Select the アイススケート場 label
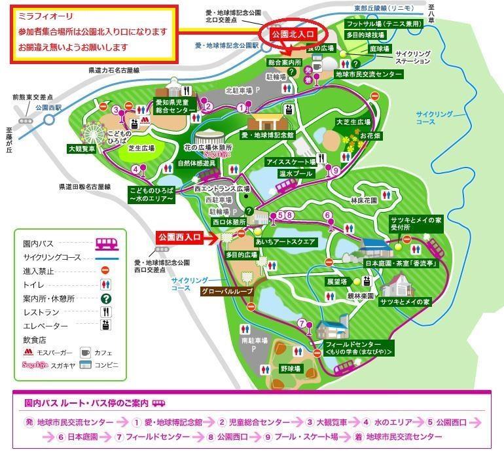tap(291, 161)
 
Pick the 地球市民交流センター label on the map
tap(368, 75)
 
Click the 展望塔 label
tap(335, 281)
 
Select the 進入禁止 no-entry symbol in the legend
tap(104, 270)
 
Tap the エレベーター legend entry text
tap(45, 326)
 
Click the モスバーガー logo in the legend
tap(28, 353)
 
